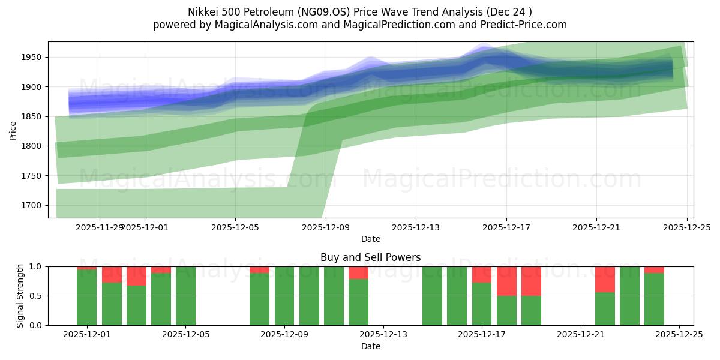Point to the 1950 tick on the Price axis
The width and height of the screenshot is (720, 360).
(34, 58)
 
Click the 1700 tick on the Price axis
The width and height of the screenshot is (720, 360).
(34, 205)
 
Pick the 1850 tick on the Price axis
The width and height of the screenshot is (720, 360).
(34, 116)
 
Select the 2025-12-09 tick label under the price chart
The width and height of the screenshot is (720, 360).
(325, 228)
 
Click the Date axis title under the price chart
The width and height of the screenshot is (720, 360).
(370, 239)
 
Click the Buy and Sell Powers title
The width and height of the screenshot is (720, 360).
(370, 257)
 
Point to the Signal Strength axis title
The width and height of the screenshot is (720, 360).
(20, 296)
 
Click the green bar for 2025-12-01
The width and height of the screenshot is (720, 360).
(86, 298)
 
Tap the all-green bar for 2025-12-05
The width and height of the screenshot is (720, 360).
(185, 296)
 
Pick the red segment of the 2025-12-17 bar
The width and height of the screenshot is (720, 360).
(482, 274)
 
